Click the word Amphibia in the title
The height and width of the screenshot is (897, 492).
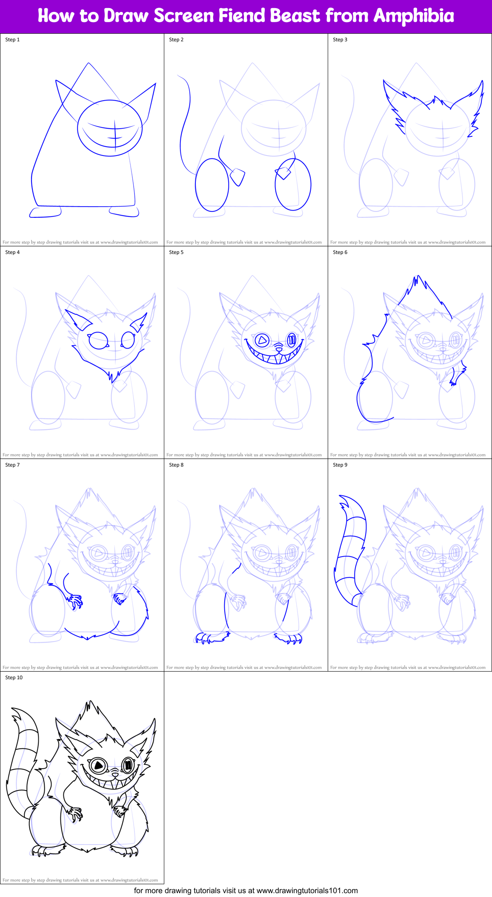coord(414,16)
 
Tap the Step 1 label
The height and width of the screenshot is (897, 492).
coord(12,40)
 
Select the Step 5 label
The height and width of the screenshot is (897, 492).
coord(176,252)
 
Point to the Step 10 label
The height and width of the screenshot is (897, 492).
coord(14,678)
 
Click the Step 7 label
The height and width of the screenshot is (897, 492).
coord(12,465)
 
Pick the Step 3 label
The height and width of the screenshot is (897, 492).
coord(340,40)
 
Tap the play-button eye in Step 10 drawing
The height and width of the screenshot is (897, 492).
coord(98,765)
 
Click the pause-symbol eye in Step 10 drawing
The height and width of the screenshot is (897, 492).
coord(128,766)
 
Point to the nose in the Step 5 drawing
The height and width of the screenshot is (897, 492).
coord(279,345)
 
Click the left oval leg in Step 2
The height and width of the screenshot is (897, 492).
coord(212,185)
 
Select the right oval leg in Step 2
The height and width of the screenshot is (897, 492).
coord(293,185)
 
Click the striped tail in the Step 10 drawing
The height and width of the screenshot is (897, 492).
coord(21,763)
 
